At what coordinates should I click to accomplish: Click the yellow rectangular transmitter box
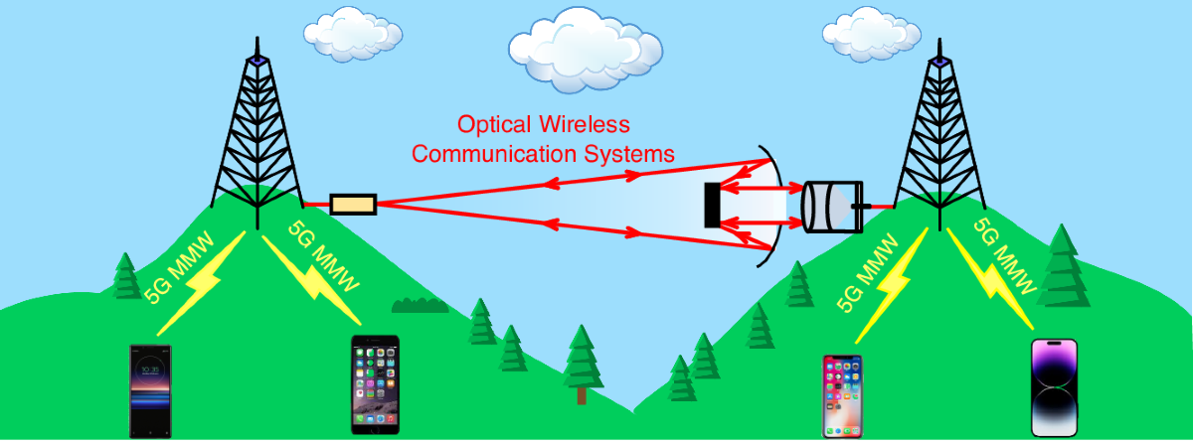[x=353, y=205]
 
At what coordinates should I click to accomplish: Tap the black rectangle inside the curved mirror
[x=712, y=205]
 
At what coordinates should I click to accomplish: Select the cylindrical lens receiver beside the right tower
[x=829, y=207]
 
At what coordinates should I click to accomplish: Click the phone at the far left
[x=150, y=390]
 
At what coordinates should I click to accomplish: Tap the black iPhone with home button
[x=376, y=384]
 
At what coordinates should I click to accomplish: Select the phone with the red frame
[x=842, y=395]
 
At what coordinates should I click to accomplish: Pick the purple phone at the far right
[x=1054, y=387]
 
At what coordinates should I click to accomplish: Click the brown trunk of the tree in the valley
[x=582, y=394]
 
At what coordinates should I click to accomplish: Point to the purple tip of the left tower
[x=257, y=60]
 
